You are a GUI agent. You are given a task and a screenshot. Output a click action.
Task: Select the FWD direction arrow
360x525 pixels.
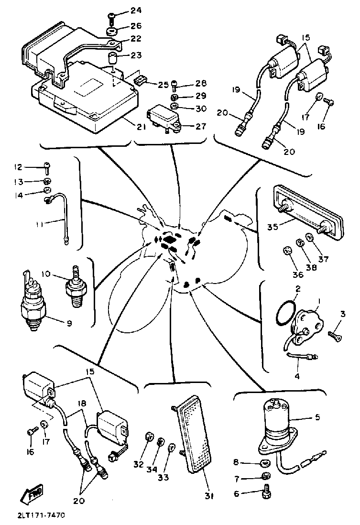click(32, 492)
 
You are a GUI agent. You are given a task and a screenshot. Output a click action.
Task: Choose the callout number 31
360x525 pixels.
click(209, 496)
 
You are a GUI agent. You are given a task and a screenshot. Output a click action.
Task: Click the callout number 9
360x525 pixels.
click(69, 323)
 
